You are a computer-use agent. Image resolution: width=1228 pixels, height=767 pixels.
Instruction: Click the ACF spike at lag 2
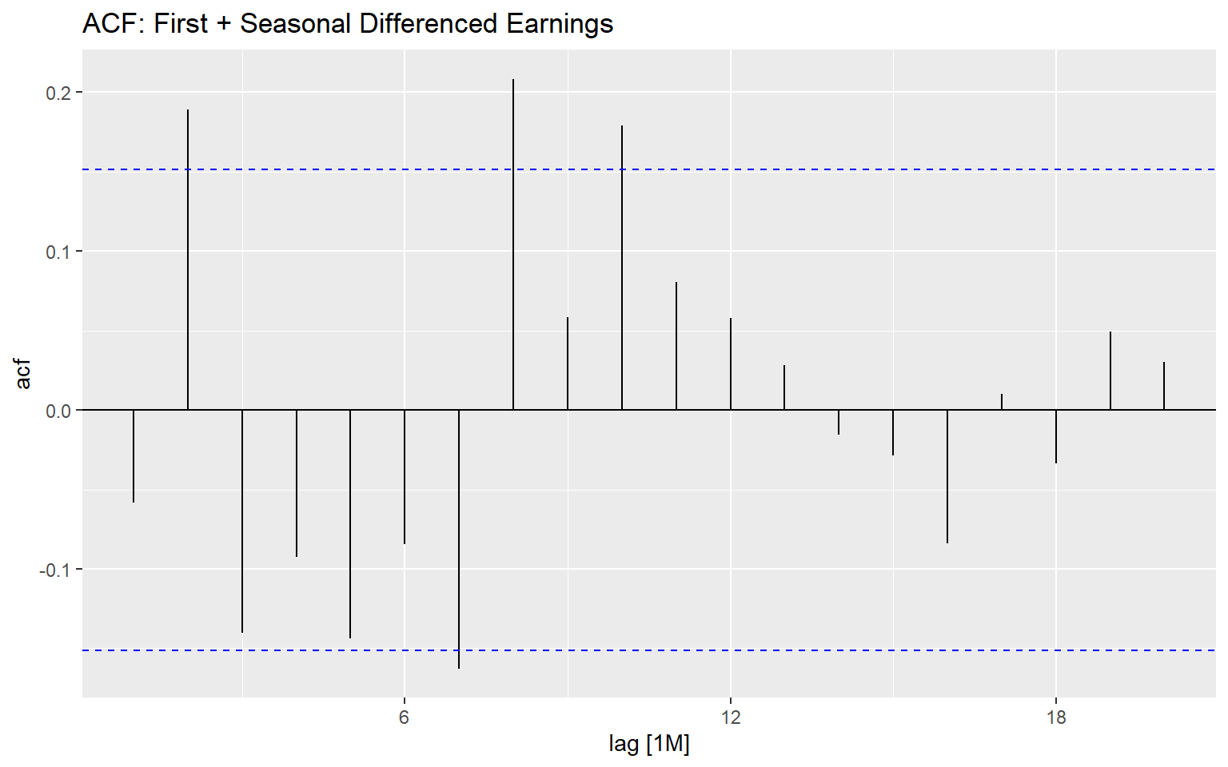[x=188, y=260]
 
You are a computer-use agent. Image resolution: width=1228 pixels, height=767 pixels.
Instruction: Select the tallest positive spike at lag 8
[x=513, y=244]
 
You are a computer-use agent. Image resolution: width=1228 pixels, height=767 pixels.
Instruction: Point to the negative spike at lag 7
[x=459, y=539]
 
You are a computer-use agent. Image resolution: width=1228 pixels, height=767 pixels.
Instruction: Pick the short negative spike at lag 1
[x=134, y=456]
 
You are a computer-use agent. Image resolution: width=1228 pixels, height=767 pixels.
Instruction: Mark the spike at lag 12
[x=731, y=364]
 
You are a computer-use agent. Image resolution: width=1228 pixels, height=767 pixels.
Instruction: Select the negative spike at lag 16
[x=947, y=477]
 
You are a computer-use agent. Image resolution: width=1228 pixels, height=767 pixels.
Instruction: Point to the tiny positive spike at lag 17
[x=1002, y=402]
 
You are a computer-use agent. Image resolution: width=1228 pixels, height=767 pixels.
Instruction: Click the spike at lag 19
[x=1110, y=371]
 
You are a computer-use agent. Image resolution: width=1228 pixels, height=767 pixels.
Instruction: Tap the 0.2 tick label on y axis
[x=58, y=93]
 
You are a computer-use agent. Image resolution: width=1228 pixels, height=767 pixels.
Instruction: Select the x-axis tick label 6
[x=405, y=717]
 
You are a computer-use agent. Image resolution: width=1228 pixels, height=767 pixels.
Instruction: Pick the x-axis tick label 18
[x=1055, y=717]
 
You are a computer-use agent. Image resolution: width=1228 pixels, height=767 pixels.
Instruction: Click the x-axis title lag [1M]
[x=648, y=745]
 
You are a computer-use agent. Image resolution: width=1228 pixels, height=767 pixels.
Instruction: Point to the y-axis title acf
[x=24, y=374]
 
